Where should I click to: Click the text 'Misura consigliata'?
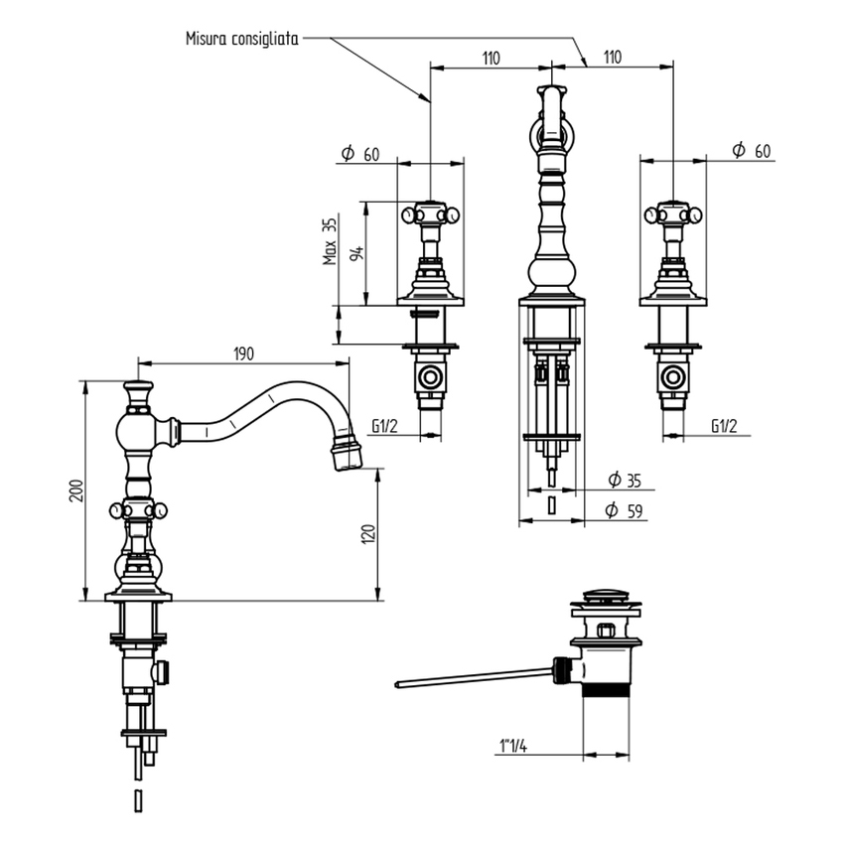click(242, 39)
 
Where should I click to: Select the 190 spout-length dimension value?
click(244, 353)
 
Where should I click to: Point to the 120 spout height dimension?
click(368, 534)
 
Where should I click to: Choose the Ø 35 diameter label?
click(625, 481)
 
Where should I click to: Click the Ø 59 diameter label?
click(625, 511)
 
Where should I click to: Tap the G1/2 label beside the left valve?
click(385, 427)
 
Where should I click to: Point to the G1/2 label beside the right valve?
click(725, 427)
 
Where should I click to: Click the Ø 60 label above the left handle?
click(360, 153)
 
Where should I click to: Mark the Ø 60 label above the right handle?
click(751, 150)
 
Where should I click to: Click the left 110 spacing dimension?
click(490, 59)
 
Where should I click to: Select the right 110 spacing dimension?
click(612, 59)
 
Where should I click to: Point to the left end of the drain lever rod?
click(399, 684)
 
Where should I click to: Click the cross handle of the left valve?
click(429, 213)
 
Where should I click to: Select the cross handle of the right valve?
click(673, 213)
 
